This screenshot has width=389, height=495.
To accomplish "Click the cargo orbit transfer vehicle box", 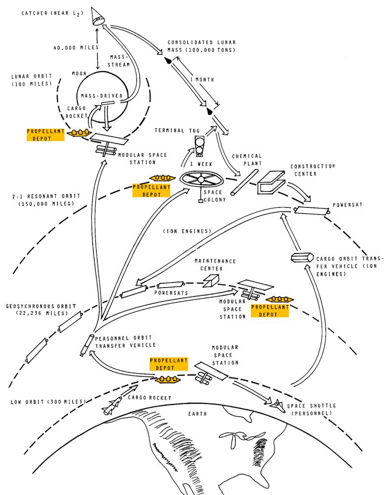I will (x=301, y=257).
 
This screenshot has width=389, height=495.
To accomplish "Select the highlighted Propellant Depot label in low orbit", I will (x=169, y=364).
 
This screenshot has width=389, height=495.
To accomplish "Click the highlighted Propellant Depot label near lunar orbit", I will (x=45, y=135).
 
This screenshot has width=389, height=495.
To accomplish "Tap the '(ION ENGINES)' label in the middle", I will (x=187, y=231).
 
